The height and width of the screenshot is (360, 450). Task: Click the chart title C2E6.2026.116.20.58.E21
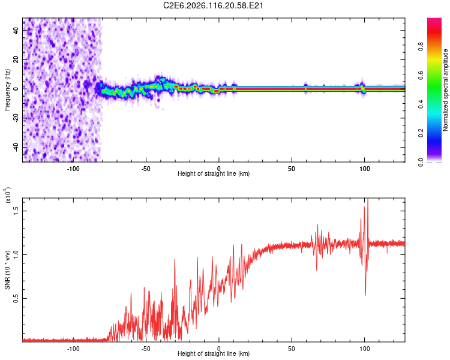point(214,5)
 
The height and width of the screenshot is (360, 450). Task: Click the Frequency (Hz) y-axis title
point(7,90)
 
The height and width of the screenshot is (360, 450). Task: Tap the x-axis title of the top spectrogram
point(214,174)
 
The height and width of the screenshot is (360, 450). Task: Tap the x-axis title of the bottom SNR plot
point(214,354)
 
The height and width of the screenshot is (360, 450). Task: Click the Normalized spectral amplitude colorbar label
point(446,90)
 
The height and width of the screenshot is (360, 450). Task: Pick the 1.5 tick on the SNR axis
point(16,209)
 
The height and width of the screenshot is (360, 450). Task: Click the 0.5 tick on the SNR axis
point(16,298)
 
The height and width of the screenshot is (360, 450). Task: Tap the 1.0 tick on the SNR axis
point(16,254)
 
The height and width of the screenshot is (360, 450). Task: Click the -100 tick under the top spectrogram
point(73,168)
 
